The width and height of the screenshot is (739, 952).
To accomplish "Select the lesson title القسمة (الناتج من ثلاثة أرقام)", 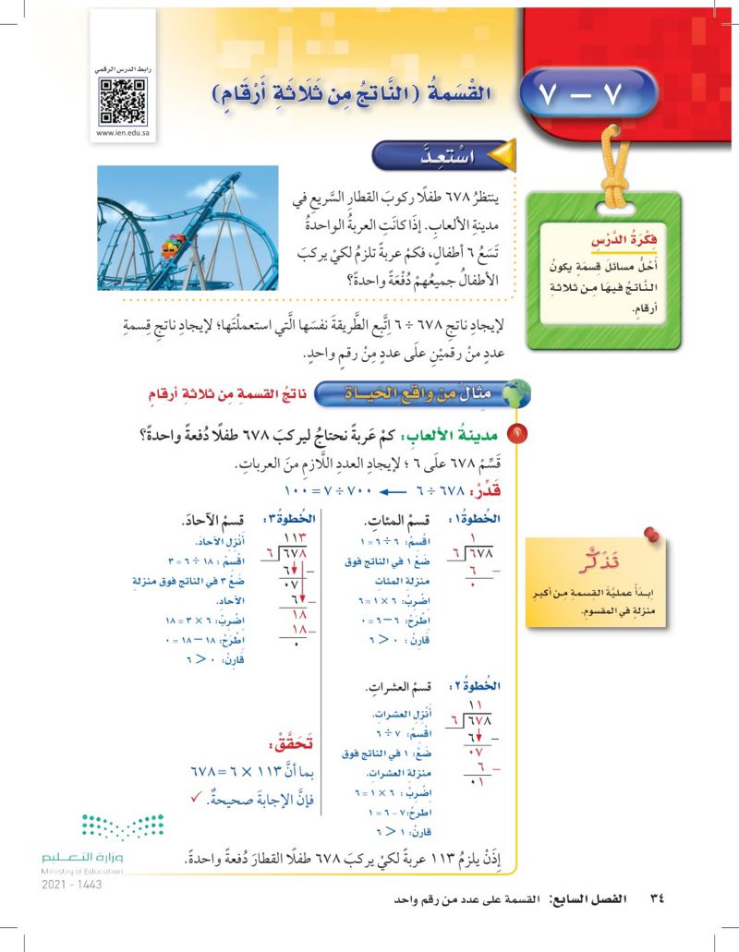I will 347,94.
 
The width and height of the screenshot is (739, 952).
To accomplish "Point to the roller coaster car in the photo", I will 171,247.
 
